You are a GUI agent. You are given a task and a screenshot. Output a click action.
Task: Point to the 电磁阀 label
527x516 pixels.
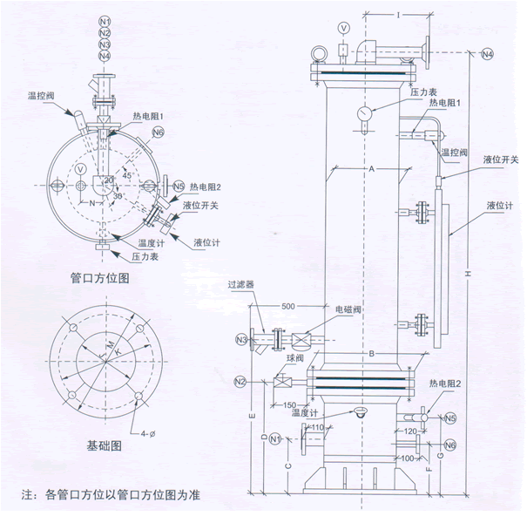coord(348,309)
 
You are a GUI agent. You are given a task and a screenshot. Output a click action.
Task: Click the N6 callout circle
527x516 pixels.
coord(158,132)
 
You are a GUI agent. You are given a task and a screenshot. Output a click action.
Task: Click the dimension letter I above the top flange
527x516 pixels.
coord(396,14)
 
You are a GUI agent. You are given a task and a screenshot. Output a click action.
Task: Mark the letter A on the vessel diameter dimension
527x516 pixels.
coord(369,166)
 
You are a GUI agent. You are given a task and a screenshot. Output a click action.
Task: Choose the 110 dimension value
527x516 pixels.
coord(317,427)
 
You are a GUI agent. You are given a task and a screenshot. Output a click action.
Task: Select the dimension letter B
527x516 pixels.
coord(370,352)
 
